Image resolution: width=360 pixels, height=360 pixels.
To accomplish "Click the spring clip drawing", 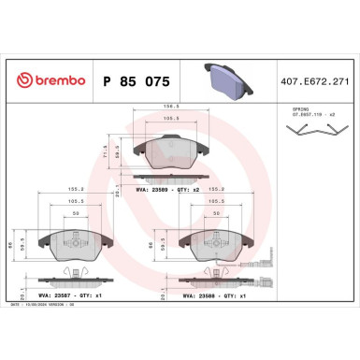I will [307, 135].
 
